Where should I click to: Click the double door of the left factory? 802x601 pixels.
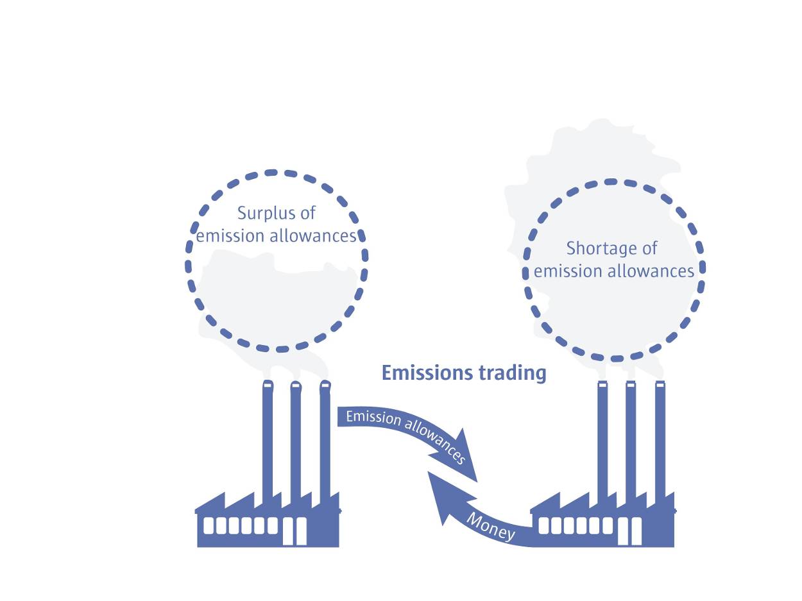294,530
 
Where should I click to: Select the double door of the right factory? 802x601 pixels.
629,530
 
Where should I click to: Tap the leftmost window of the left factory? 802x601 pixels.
209,525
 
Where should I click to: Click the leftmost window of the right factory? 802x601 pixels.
544,525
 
